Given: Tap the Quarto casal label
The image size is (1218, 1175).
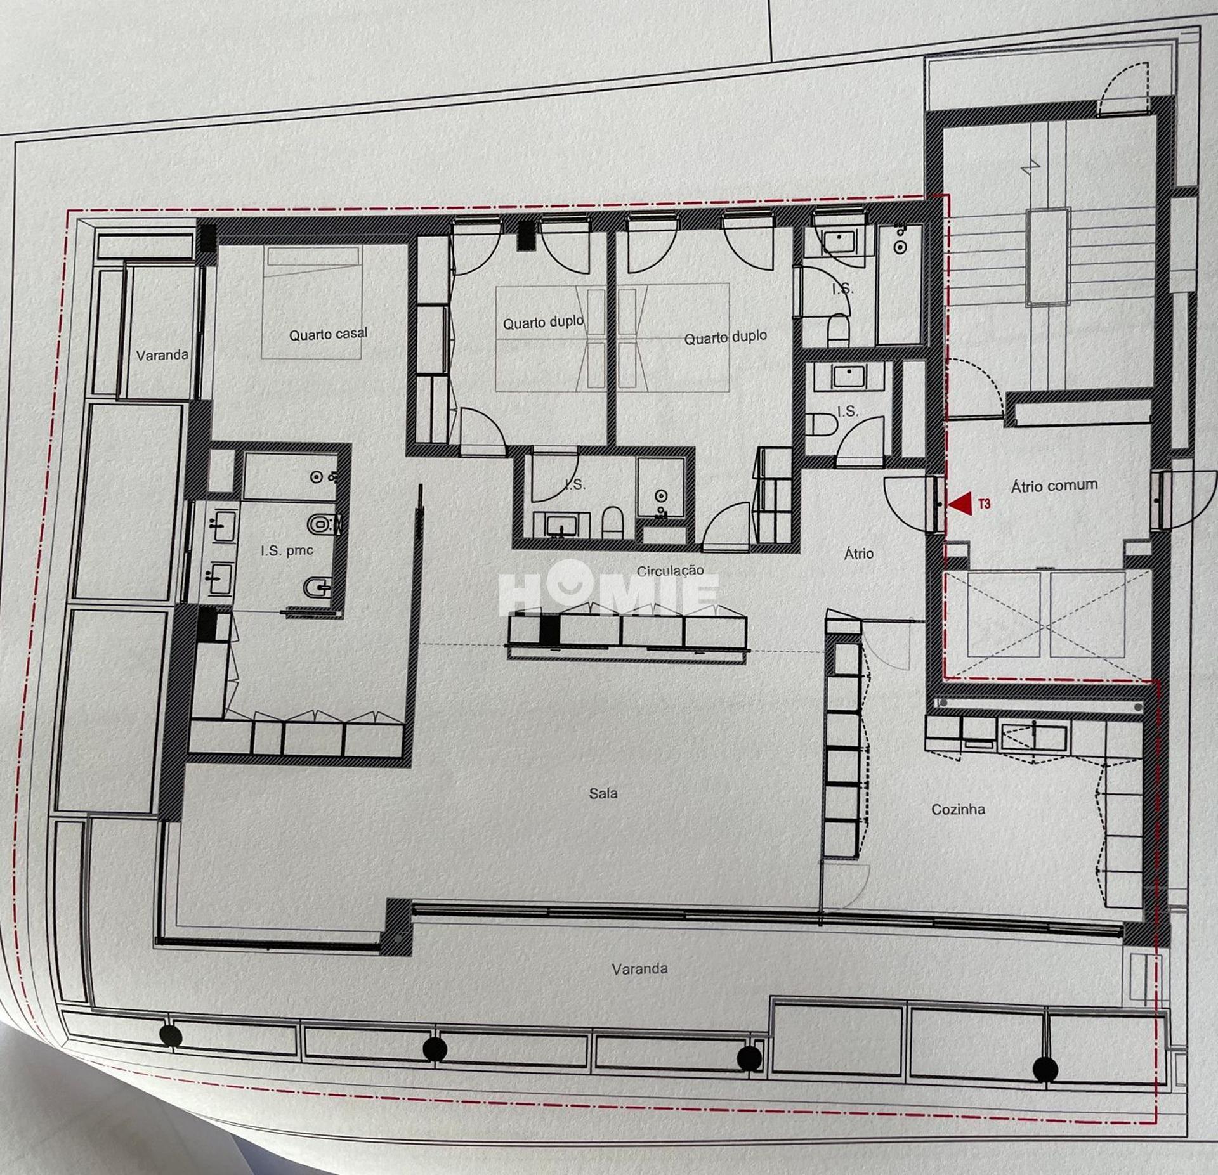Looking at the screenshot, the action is [328, 334].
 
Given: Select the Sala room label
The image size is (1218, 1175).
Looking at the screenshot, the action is [603, 793].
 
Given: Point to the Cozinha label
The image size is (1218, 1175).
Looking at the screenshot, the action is [958, 809].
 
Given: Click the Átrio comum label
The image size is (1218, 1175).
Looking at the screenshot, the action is [1054, 486].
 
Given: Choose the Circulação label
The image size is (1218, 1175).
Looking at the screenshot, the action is [671, 571].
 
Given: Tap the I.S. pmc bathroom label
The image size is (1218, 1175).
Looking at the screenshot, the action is [287, 550].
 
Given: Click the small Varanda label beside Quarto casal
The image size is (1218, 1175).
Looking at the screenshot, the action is [162, 355].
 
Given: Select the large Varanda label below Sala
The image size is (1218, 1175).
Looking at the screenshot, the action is [639, 968].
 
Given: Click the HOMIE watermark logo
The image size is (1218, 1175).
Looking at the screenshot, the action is [609, 587].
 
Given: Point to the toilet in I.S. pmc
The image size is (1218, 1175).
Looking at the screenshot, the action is [323, 524].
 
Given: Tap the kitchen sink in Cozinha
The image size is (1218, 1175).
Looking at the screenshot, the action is [1034, 737].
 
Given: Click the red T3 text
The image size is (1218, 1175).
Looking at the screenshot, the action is [984, 505].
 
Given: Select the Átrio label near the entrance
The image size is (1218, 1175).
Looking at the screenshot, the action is [859, 554].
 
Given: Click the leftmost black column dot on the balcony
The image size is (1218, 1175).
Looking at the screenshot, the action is [171, 1036].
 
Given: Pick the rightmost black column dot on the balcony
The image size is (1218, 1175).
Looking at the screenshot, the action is [1045, 1069].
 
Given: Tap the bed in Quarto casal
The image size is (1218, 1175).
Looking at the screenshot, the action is [313, 302].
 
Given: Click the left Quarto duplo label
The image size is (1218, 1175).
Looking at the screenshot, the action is [543, 323].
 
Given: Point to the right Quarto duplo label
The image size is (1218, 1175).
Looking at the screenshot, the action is [725, 337].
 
